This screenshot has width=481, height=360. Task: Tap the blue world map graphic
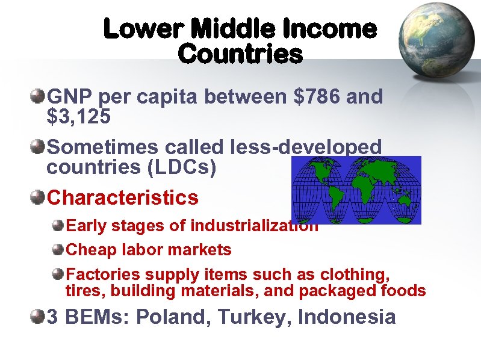(x=356, y=190)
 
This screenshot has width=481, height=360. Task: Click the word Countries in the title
(x=240, y=54)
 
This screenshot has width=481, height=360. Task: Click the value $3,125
(x=78, y=116)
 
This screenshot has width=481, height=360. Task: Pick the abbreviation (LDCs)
(x=186, y=167)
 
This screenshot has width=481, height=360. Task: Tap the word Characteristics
(x=122, y=197)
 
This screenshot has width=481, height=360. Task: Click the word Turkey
(x=252, y=317)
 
